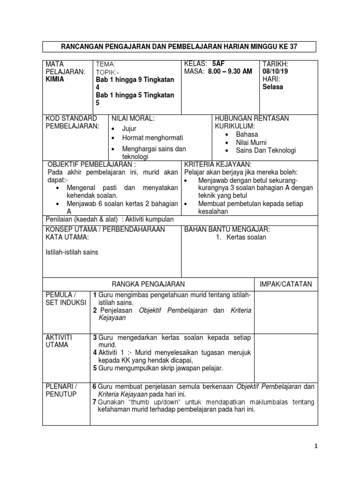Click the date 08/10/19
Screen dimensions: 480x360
[x=276, y=71]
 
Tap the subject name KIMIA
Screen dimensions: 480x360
[x=55, y=79]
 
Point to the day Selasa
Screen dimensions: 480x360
[x=273, y=87]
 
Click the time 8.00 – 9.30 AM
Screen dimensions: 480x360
[x=230, y=71]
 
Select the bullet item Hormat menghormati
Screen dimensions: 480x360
[x=152, y=138]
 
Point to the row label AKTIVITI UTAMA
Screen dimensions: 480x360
[x=58, y=341]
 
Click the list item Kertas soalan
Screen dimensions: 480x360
[x=246, y=237]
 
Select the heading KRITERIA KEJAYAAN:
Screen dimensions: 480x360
[x=218, y=165]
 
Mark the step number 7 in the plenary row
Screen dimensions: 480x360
[x=94, y=402]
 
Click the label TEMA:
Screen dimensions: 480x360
[x=105, y=64]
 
